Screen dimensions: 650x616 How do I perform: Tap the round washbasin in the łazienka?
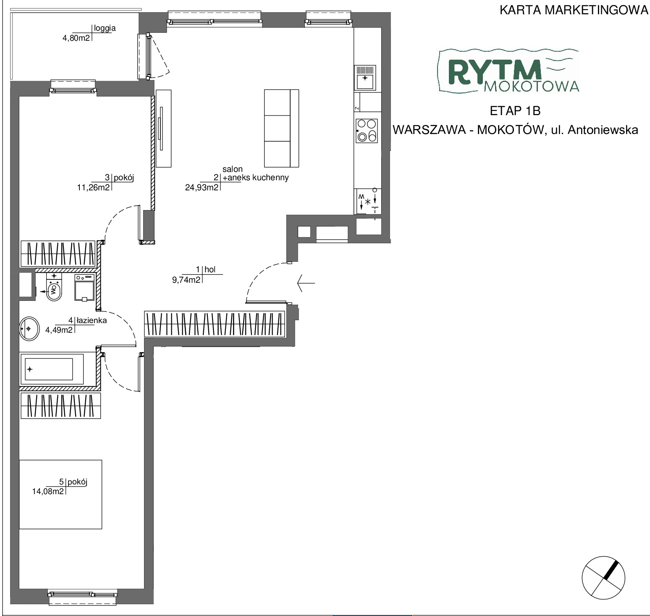[29, 328]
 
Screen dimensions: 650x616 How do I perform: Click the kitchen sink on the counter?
[365, 78]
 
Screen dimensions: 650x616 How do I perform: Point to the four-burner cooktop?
[366, 130]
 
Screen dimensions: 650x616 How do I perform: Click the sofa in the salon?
[281, 128]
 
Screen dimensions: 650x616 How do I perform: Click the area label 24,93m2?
[202, 187]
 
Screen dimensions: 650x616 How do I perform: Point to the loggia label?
[105, 29]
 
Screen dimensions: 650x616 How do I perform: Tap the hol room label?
[210, 269]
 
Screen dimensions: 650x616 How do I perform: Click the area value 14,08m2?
[48, 490]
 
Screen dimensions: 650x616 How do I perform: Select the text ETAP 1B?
[515, 111]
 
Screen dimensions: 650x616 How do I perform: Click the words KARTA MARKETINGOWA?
[574, 10]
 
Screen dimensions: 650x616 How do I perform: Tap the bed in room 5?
[61, 494]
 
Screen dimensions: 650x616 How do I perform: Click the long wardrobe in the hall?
[215, 324]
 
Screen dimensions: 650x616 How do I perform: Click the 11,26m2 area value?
[93, 187]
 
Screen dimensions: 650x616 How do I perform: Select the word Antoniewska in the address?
[603, 130]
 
